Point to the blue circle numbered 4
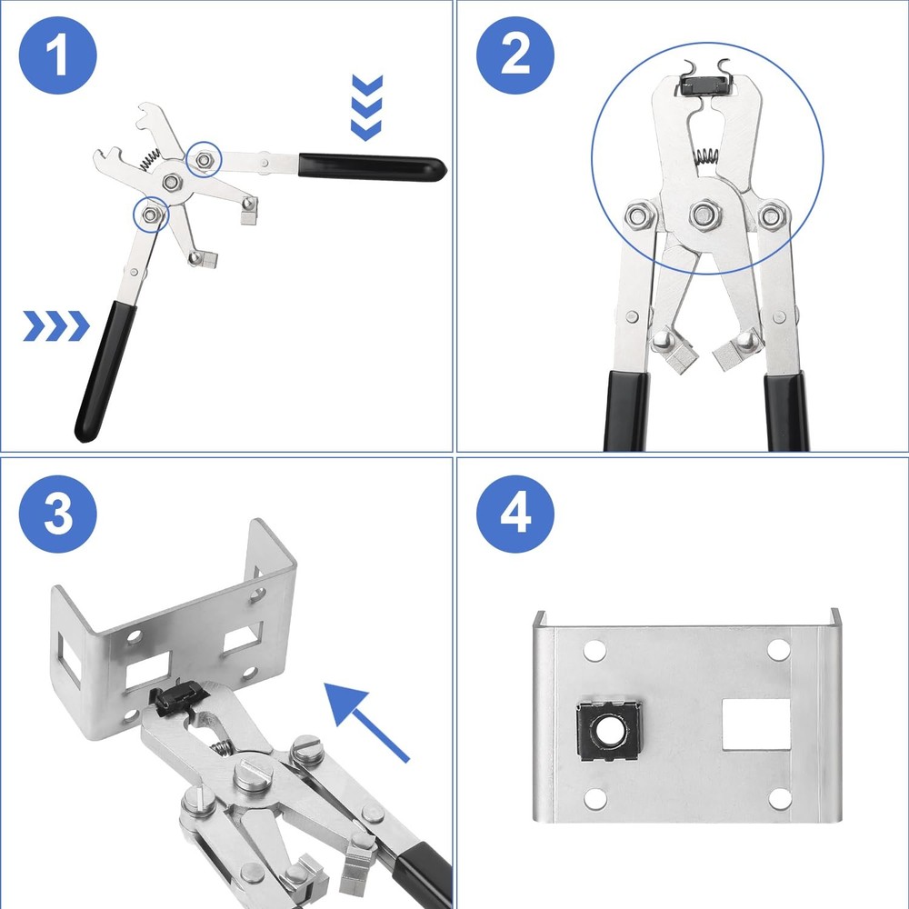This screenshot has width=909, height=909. click(x=515, y=514)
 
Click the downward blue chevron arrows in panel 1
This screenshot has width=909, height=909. click(x=366, y=108)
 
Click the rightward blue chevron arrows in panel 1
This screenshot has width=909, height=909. click(x=56, y=325)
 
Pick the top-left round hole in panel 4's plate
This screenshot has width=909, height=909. click(x=594, y=651)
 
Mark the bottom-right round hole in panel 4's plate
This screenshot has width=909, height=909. click(x=779, y=798)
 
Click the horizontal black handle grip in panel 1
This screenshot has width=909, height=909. click(x=373, y=166)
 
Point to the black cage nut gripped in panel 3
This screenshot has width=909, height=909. click(x=171, y=699)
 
